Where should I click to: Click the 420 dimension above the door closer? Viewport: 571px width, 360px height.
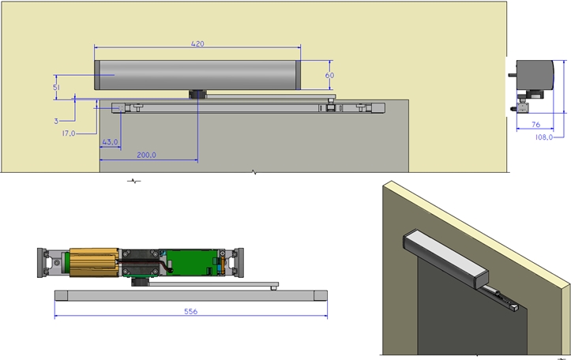point(197,44)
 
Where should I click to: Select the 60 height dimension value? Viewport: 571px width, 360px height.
point(329,74)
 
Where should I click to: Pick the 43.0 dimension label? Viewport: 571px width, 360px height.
point(110,142)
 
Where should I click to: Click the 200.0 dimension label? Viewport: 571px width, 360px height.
point(147,156)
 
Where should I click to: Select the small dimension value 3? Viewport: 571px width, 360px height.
point(57,121)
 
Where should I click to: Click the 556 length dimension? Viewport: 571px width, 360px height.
point(190,312)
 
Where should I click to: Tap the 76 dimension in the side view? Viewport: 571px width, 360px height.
point(535,124)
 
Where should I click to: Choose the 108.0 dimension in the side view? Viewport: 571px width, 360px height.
point(542,136)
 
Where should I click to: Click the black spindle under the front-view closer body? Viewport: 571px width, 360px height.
point(196,94)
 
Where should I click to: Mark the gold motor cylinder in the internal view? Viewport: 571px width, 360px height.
point(93,263)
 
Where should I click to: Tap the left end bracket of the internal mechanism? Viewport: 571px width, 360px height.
point(49,263)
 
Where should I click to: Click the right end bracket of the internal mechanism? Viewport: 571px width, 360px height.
point(238,262)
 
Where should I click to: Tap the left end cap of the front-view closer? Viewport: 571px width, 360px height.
point(97,75)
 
